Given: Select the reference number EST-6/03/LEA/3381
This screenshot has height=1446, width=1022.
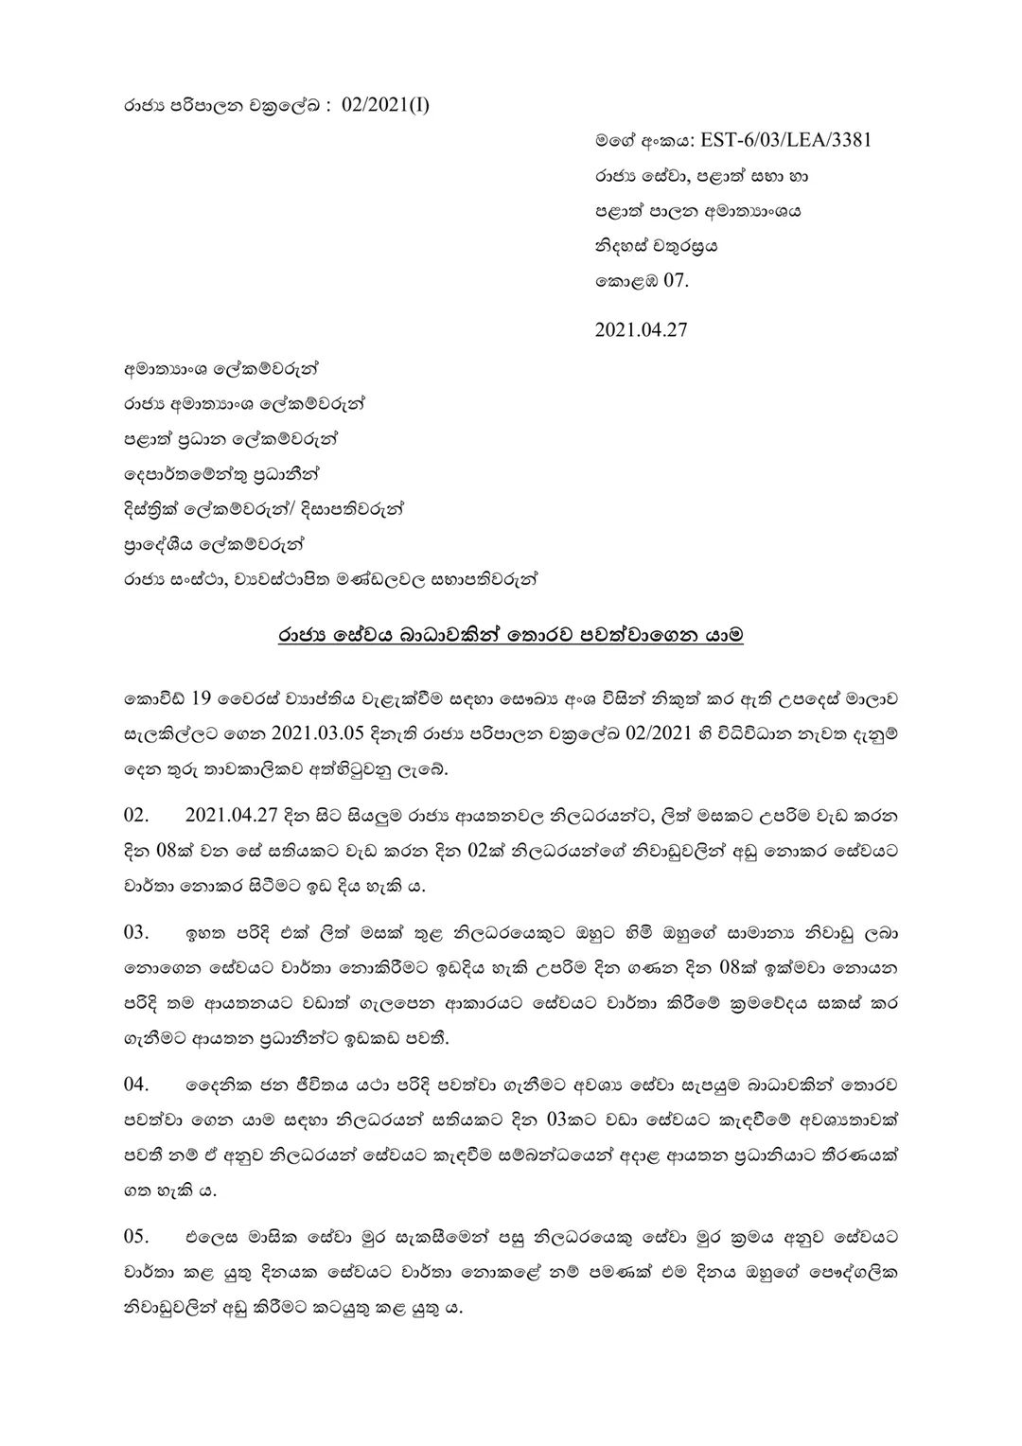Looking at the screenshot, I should click(x=786, y=141).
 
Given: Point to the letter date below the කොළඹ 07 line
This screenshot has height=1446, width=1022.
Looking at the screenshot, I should click(x=641, y=330).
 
